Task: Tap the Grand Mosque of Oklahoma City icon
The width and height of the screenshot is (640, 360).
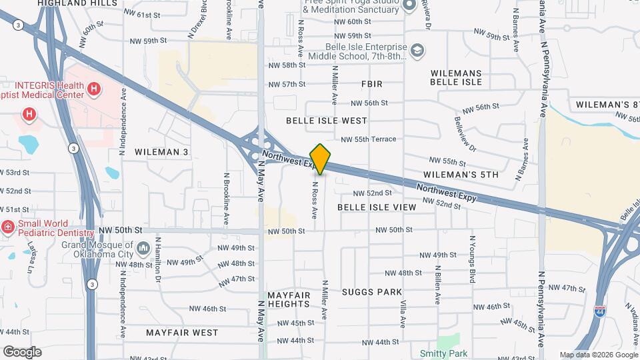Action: [x=143, y=249]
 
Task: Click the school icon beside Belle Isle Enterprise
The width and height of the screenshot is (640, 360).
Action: [x=417, y=51]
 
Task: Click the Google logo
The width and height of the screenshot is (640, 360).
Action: [x=22, y=352]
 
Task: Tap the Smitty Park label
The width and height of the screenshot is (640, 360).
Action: [x=443, y=353]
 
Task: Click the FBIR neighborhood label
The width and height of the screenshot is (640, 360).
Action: [x=372, y=84]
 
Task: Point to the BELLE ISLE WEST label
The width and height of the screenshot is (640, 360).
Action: [x=326, y=121]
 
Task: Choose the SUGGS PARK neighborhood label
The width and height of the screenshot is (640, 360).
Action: [x=371, y=292]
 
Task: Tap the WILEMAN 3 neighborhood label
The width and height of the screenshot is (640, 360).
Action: [x=161, y=152]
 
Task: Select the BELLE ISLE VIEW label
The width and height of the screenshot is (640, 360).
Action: [x=377, y=207]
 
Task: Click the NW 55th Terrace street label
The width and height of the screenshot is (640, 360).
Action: [x=368, y=139]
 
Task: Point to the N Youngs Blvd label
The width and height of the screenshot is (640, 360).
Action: [x=472, y=259]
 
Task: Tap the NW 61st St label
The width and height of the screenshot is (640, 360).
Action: [x=135, y=15]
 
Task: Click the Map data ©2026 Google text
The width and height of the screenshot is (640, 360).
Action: [x=598, y=355]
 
